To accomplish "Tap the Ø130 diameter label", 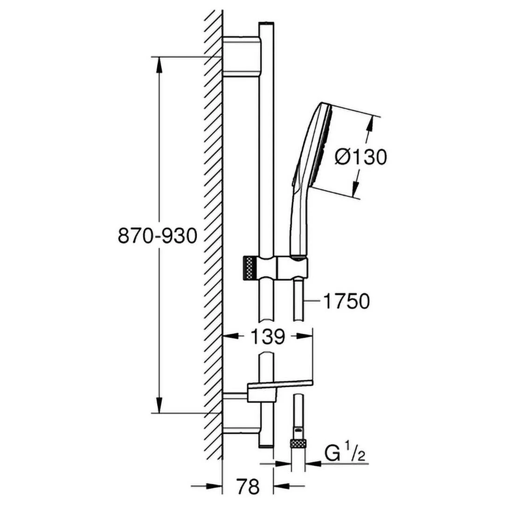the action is [x=360, y=157].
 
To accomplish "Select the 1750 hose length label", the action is [x=346, y=301].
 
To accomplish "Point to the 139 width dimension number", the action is [x=268, y=337].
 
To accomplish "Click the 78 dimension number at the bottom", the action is [x=248, y=486].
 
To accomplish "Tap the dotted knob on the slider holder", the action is [x=250, y=268].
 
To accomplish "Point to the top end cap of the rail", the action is [x=266, y=23].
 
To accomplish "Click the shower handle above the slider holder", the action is [x=300, y=222].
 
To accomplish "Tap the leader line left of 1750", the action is [x=312, y=301].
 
